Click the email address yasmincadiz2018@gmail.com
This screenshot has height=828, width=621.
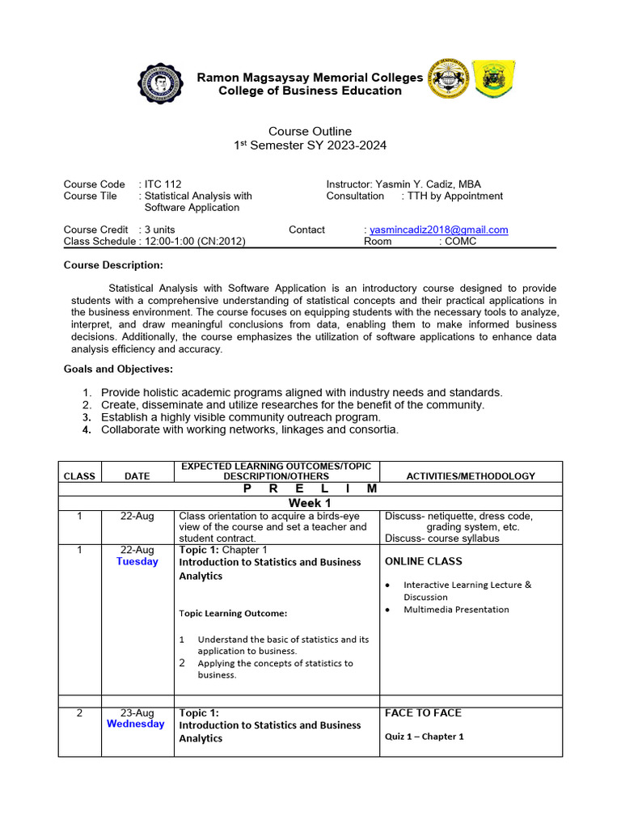pyautogui.click(x=438, y=230)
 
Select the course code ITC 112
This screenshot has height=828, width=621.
pyautogui.click(x=166, y=184)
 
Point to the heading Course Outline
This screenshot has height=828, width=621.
pyautogui.click(x=310, y=131)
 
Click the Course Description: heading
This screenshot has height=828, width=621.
pyautogui.click(x=113, y=265)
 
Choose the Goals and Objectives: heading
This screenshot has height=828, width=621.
pyautogui.click(x=118, y=369)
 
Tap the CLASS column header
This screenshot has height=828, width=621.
pyautogui.click(x=79, y=476)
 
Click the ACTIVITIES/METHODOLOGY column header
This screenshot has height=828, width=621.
pyautogui.click(x=471, y=476)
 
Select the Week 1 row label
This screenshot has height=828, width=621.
pyautogui.click(x=310, y=503)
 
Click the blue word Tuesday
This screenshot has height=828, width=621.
pyautogui.click(x=137, y=561)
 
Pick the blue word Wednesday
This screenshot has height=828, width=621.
pyautogui.click(x=136, y=724)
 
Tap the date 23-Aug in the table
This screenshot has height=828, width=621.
pyautogui.click(x=137, y=713)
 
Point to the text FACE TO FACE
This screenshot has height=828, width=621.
pyautogui.click(x=423, y=713)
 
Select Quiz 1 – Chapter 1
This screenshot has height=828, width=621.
pyautogui.click(x=425, y=737)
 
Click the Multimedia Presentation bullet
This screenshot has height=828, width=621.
pyautogui.click(x=456, y=610)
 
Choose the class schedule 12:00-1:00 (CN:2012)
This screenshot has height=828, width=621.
pyautogui.click(x=192, y=241)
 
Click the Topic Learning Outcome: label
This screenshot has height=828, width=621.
pyautogui.click(x=233, y=613)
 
